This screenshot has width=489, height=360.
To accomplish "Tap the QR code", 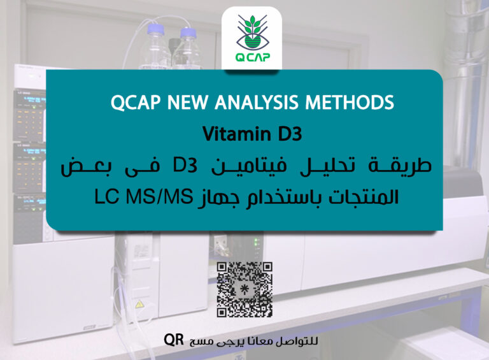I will click(244, 289).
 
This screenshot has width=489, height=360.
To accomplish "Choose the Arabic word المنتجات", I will click(360, 197).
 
